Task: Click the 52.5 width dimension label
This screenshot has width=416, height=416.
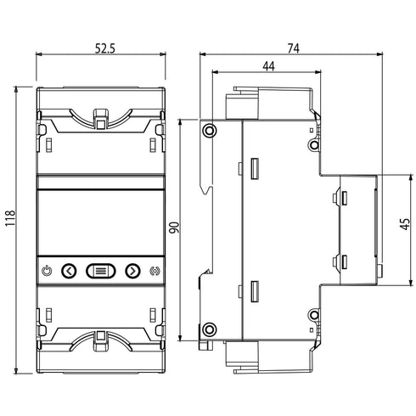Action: click(x=105, y=49)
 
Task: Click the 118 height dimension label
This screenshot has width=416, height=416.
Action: click(x=11, y=218)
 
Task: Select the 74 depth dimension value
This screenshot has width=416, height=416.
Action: click(x=294, y=48)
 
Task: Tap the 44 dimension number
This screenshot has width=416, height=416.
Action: click(x=268, y=66)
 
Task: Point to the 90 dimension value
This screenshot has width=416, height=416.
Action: click(x=174, y=228)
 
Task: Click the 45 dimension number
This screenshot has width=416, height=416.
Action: click(x=406, y=223)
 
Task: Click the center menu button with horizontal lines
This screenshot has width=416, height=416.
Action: click(x=101, y=271)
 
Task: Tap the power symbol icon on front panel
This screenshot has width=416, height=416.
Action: click(x=47, y=271)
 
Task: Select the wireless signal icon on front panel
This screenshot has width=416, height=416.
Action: click(x=155, y=271)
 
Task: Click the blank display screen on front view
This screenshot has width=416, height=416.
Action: click(x=101, y=223)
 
